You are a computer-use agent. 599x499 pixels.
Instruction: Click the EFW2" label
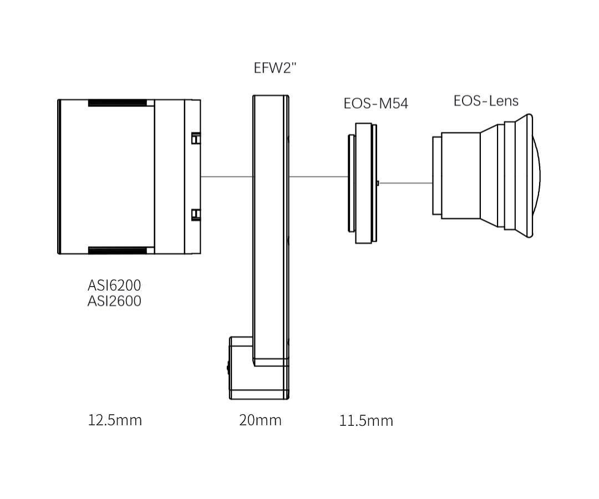tap(275, 68)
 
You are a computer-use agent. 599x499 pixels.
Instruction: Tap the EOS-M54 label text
tap(375, 104)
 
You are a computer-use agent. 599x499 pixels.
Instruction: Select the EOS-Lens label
tap(486, 101)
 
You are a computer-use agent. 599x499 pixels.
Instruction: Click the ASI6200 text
tap(114, 285)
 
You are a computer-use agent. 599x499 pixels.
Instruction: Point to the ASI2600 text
tap(114, 301)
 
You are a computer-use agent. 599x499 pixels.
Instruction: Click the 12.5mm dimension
tap(115, 420)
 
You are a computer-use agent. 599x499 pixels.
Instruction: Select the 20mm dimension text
tap(260, 420)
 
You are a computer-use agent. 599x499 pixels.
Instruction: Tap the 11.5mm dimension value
tap(366, 421)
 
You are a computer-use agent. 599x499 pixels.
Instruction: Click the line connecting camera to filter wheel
tap(226, 177)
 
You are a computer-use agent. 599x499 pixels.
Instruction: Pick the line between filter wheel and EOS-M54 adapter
tap(318, 177)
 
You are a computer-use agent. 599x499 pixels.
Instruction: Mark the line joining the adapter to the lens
tap(405, 183)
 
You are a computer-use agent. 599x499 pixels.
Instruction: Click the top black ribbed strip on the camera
tap(118, 103)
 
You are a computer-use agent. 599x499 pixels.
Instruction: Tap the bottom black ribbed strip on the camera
tap(118, 251)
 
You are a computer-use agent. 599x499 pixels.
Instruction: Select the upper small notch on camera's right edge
tap(195, 138)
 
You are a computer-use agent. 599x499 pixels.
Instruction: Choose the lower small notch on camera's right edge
tap(195, 215)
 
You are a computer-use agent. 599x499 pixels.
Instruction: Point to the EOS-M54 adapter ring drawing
tap(363, 183)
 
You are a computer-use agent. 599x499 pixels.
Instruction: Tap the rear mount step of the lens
tap(437, 176)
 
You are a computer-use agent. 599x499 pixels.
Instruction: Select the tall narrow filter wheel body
tap(271, 222)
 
